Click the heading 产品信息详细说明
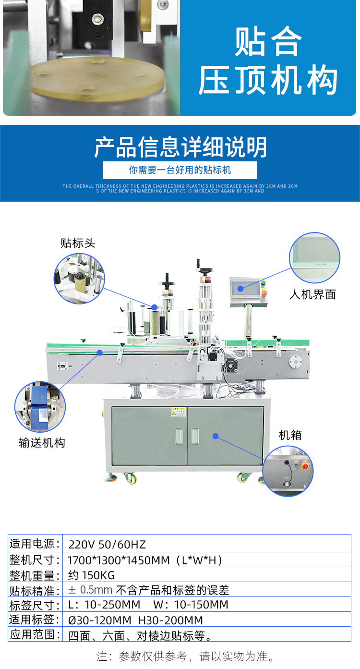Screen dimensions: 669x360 (x=180, y=147)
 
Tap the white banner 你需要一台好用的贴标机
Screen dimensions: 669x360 (x=180, y=170)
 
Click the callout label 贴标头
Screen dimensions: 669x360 (x=78, y=243)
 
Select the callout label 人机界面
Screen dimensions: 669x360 (x=312, y=294)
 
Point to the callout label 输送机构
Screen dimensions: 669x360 (x=42, y=443)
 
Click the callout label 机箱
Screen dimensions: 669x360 (x=290, y=435)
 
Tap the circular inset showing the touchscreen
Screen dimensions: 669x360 (x=314, y=257)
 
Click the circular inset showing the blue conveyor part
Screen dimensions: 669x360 (x=40, y=407)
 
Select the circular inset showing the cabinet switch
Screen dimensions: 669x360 (x=288, y=471)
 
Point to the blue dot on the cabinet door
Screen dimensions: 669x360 (x=216, y=436)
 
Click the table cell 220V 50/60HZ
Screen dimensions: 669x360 (x=107, y=545)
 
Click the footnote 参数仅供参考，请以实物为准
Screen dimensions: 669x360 (x=185, y=656)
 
